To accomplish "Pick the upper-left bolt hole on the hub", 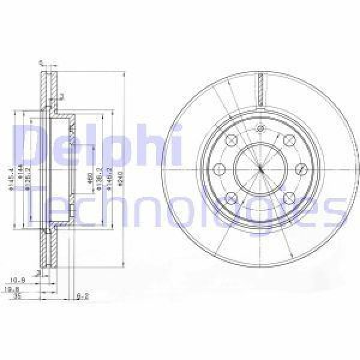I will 232,140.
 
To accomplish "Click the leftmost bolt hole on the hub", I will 220,169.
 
